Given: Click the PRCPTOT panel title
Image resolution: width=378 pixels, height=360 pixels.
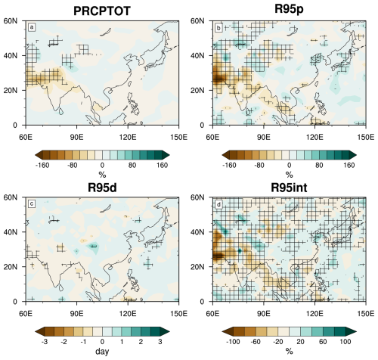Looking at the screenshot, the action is coord(102,11).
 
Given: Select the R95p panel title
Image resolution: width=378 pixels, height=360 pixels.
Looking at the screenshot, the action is coord(289,9).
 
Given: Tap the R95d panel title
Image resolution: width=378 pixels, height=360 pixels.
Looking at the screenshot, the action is coord(102,188).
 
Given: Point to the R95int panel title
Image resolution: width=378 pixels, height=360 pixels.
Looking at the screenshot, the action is coord(289,188).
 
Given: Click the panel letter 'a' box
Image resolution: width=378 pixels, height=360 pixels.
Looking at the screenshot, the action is coord(32,27).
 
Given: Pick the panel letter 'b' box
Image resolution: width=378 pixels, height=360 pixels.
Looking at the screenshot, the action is coord(218,28).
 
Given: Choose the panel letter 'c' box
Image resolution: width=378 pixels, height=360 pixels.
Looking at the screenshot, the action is coord(32,204).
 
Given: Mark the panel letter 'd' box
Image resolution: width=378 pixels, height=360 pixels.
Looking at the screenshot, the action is coord(218,204).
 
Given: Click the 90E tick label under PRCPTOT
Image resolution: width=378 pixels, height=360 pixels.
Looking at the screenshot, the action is coord(76,137).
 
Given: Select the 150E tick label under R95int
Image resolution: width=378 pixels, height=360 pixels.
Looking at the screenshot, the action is coord(365,314).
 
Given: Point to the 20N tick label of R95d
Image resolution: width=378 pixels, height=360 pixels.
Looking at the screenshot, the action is coord(11,267).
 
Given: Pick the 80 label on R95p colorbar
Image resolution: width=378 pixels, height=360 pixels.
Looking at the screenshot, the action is coord(319,166).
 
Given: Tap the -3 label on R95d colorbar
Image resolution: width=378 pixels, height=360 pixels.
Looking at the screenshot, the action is coord(45,342).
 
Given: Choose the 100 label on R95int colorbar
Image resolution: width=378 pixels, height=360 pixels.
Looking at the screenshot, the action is coord(345,342).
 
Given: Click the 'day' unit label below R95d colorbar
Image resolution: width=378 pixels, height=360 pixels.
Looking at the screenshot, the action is coord(102,352).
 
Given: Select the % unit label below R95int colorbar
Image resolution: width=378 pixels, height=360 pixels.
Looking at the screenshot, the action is coord(289,351).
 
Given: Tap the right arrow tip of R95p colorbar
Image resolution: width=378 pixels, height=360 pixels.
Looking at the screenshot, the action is coord(356,155).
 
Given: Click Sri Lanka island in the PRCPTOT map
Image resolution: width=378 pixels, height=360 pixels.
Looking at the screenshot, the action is coord(60,111).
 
